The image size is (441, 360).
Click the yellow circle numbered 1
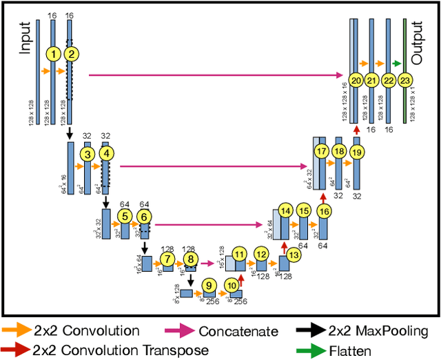pyautogui.click(x=53, y=54)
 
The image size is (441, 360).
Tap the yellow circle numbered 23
pyautogui.click(x=406, y=81)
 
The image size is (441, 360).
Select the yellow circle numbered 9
pyautogui.click(x=207, y=284)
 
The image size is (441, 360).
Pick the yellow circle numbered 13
pyautogui.click(x=294, y=254)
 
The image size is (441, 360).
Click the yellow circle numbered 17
pyautogui.click(x=320, y=151)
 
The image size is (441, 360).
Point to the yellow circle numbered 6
pyautogui.click(x=144, y=216)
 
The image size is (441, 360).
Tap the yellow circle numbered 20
pyautogui.click(x=356, y=81)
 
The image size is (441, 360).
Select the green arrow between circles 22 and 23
pyautogui.click(x=398, y=63)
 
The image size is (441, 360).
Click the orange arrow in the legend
pyautogui.click(x=15, y=332)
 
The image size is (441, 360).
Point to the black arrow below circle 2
pyautogui.click(x=70, y=132)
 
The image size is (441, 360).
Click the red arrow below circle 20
pyautogui.click(x=356, y=130)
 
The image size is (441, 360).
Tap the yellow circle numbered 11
pyautogui.click(x=239, y=254)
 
